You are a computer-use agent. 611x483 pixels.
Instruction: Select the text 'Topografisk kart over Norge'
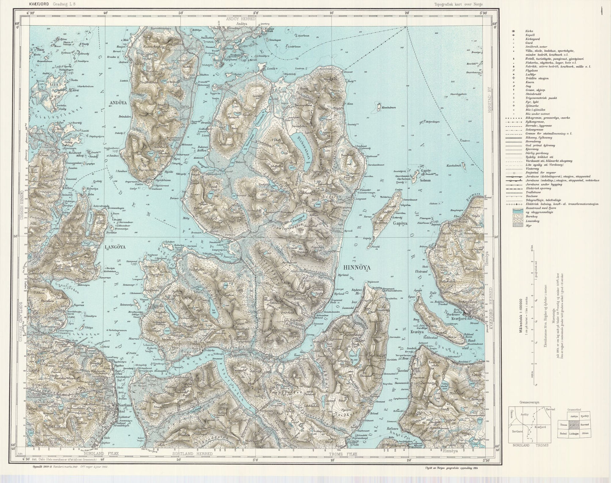pos(458,4)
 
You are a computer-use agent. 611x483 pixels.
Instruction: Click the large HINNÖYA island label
pos(357,268)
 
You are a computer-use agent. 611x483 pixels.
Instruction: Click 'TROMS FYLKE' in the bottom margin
pos(343,454)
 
